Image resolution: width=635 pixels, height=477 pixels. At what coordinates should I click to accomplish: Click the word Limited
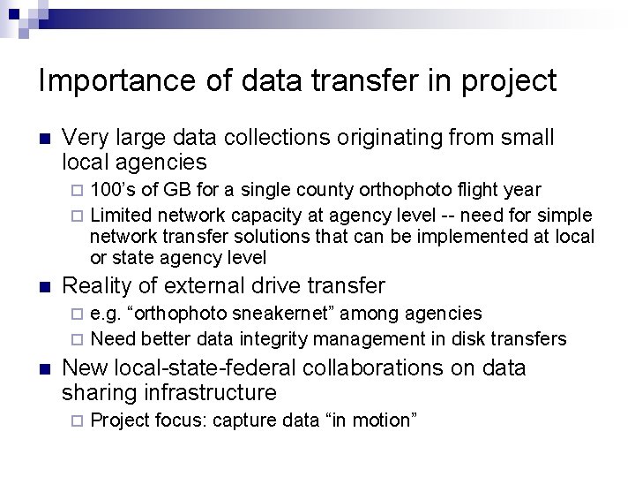(120, 216)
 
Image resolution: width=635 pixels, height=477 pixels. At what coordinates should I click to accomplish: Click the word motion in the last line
(382, 420)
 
